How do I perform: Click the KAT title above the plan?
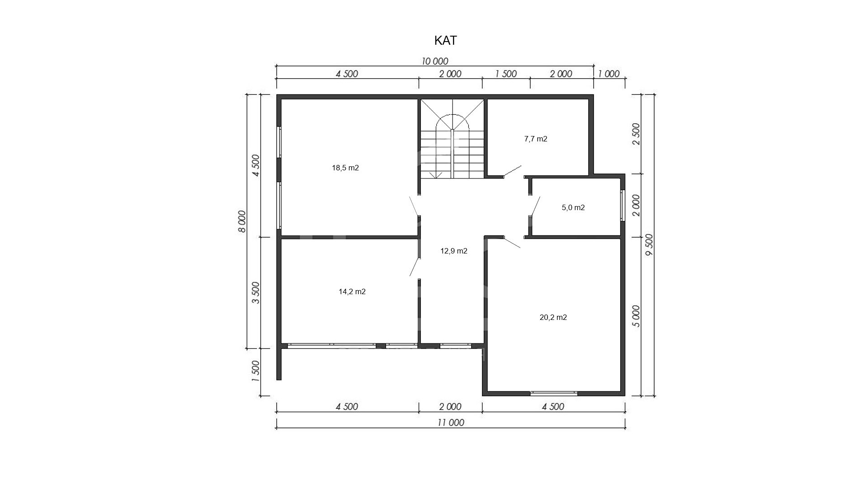[x=445, y=41]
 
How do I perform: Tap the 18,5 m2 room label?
[x=345, y=168]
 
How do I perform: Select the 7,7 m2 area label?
[x=536, y=139]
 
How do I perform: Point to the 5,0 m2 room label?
[x=573, y=208]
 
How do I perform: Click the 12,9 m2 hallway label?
[x=454, y=251]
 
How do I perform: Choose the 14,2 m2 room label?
[x=352, y=292]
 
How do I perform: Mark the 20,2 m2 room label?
[x=553, y=318]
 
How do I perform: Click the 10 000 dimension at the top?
[x=435, y=61]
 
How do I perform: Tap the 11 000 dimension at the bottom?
[x=451, y=423]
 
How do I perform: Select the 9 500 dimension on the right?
[x=649, y=245]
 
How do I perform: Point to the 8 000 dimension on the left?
[x=242, y=221]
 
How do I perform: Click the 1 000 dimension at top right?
[x=609, y=74]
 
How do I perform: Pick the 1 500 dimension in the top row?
[x=506, y=74]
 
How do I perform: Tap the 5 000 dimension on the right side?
[x=636, y=316]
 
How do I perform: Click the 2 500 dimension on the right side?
[x=636, y=134]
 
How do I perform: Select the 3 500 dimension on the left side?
[x=256, y=293]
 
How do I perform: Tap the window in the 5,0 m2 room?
[x=623, y=206]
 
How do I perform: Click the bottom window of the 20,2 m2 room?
[x=554, y=393]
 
